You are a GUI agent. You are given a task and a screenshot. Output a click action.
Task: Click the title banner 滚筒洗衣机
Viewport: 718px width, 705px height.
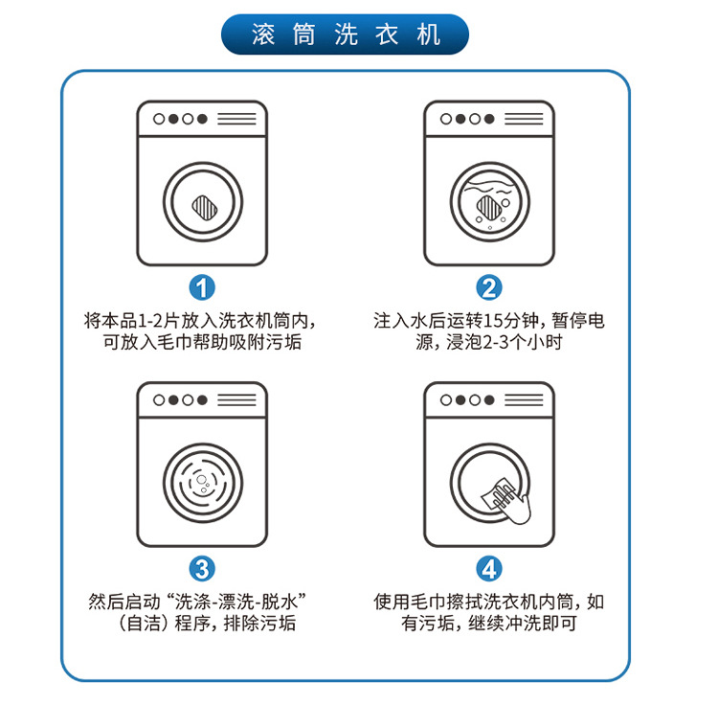coord(346,34)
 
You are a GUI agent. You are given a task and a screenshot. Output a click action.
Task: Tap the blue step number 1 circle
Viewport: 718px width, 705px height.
coord(201,286)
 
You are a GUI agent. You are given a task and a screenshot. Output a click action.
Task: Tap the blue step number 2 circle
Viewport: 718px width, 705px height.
coord(489,286)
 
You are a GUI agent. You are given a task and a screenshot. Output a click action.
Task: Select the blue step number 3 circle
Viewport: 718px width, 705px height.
coord(201,568)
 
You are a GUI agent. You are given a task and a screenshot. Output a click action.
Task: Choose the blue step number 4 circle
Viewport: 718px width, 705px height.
coord(489,568)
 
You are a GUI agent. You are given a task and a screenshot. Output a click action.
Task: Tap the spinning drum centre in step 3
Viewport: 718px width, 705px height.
coord(201,485)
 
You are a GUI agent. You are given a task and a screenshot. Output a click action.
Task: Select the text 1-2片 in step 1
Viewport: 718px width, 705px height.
coord(155,320)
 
